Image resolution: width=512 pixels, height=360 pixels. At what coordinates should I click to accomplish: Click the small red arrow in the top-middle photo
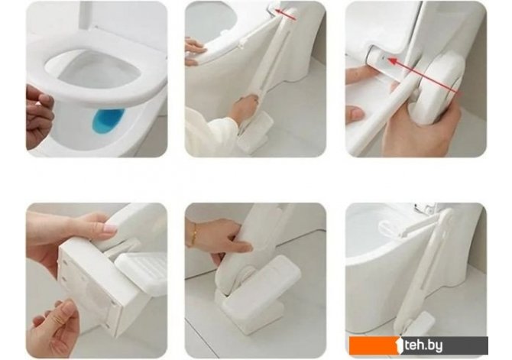(x=285, y=15)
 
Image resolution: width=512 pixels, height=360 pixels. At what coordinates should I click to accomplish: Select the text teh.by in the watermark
(x=423, y=345)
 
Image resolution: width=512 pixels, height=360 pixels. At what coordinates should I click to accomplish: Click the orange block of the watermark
(x=374, y=345)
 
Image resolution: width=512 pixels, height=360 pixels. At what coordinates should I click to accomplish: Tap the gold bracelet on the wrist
(x=195, y=234)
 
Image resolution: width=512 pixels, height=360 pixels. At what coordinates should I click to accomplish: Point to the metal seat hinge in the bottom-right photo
(x=426, y=207)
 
